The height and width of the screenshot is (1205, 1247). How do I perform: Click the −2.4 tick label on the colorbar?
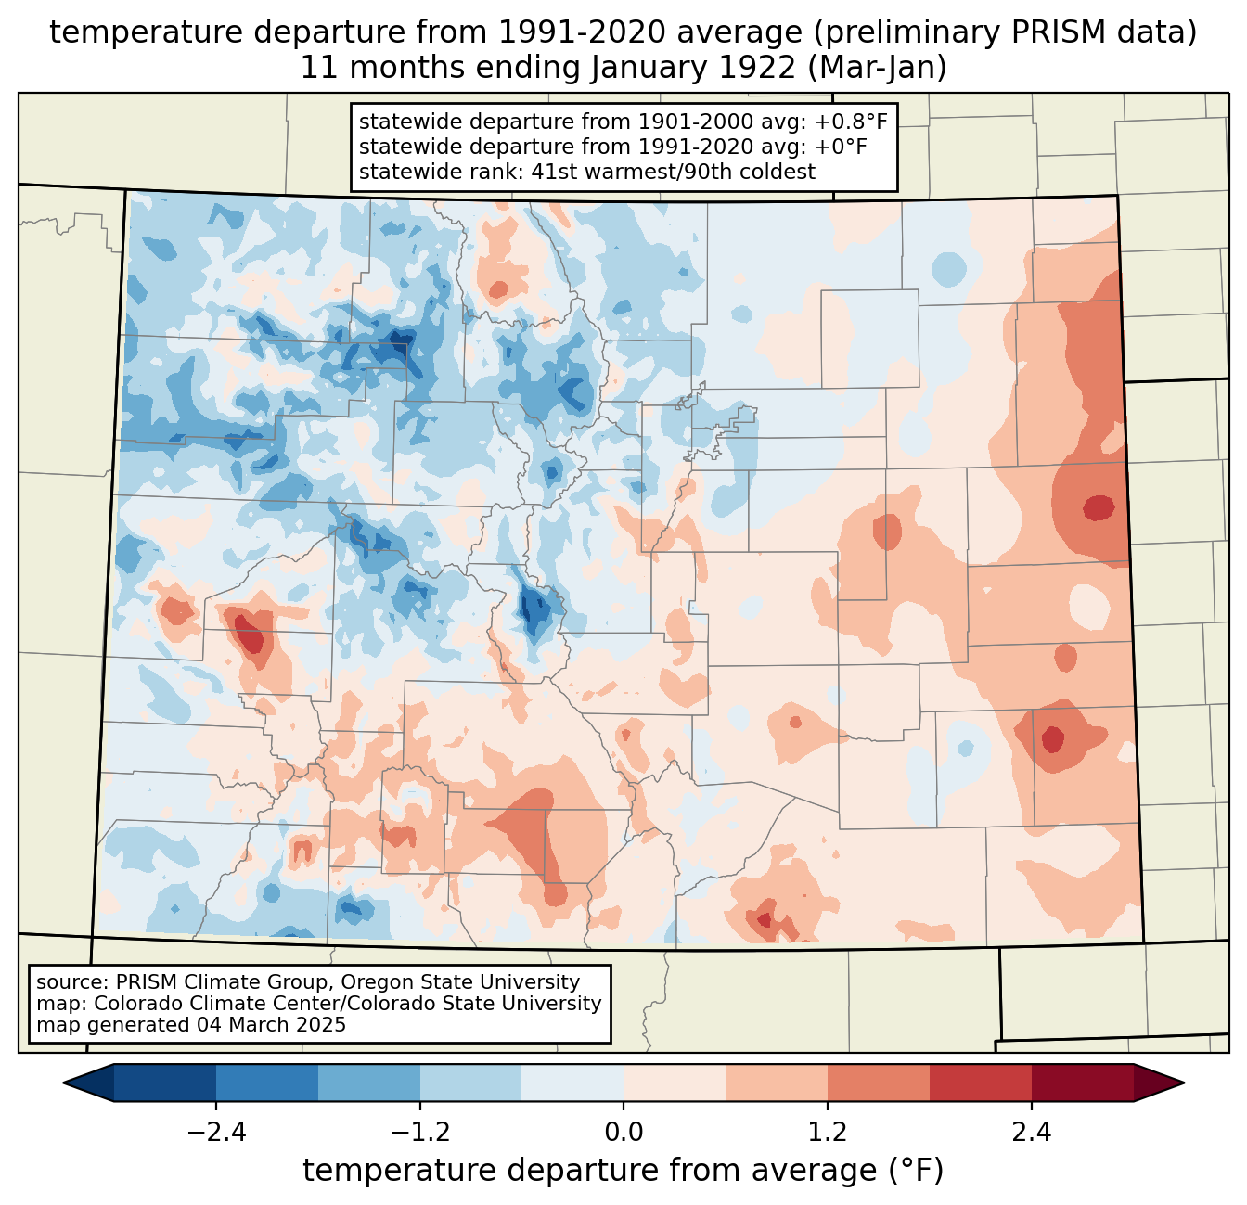point(215,1133)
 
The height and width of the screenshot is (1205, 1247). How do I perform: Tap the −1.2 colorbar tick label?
point(419,1133)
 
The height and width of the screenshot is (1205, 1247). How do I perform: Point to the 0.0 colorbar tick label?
point(623,1133)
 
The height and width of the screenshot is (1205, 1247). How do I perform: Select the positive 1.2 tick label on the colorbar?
point(828,1133)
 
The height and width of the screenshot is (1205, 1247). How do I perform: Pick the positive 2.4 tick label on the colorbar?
point(1031,1133)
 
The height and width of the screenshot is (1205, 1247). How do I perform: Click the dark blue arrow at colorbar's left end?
point(89,1083)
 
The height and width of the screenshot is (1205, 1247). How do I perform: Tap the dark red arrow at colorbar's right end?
point(1158,1083)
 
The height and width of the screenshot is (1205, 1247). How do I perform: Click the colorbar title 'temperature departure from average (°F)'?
point(623,1171)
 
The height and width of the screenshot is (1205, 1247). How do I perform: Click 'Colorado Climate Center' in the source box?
point(200,1004)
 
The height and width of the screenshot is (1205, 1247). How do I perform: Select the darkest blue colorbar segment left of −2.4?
point(165,1083)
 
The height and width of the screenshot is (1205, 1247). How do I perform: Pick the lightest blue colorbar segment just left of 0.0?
point(572,1083)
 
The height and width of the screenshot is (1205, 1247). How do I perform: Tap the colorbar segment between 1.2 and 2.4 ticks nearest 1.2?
point(879,1083)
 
